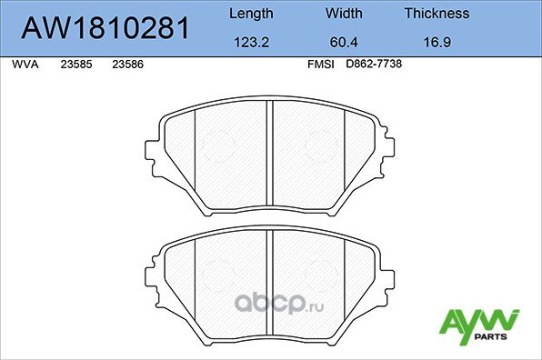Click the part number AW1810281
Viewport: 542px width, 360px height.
coord(104,27)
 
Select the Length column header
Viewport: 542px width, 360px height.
coord(249,14)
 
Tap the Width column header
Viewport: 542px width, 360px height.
coord(344,14)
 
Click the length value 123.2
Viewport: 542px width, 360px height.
coord(249,42)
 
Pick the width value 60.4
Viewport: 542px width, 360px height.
coord(344,42)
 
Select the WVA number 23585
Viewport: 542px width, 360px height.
coord(75,65)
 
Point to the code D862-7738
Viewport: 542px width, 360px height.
coord(374,65)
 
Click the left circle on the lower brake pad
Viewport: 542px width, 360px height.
coord(217,274)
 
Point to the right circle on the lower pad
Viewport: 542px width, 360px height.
coord(323,274)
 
